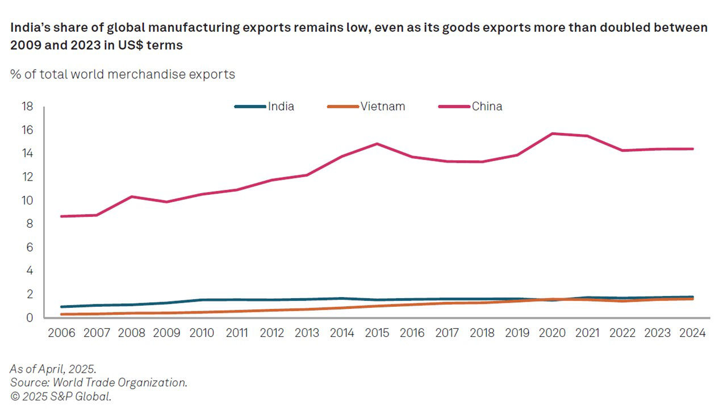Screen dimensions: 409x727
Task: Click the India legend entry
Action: pos(281,106)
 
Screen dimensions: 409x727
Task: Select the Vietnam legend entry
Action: pos(382,106)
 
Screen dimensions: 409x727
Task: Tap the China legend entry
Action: pos(487,106)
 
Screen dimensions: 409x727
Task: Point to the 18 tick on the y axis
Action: pos(27,107)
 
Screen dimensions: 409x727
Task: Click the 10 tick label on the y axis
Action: pos(27,201)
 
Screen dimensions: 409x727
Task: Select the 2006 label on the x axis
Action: pos(61,333)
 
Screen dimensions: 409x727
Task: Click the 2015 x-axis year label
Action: pos(377,333)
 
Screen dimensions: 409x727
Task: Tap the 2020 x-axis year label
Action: pos(553,333)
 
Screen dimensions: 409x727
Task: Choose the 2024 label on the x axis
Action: pos(693,333)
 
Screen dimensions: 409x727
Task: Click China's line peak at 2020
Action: pos(553,133)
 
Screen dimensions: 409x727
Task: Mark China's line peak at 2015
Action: pos(377,144)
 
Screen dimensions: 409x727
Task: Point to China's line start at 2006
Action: pos(61,216)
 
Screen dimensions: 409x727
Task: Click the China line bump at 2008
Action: pos(131,197)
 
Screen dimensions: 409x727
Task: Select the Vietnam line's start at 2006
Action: pos(61,314)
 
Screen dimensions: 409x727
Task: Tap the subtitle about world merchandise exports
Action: pos(123,74)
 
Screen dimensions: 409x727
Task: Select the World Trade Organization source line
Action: pos(99,382)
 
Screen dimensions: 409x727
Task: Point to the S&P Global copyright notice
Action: pos(61,397)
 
